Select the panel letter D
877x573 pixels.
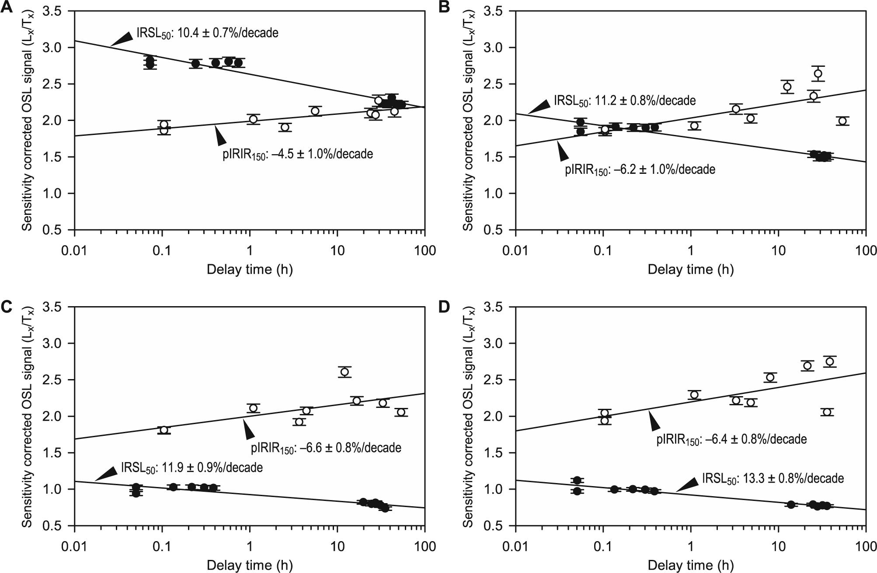pyautogui.click(x=444, y=307)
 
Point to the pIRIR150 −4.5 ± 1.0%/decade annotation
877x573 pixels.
pyautogui.click(x=298, y=155)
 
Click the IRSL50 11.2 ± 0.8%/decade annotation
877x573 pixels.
pyautogui.click(x=625, y=101)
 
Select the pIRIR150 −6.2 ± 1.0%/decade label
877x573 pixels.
pyautogui.click(x=640, y=169)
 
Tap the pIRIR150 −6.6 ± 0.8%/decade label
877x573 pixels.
pyautogui.click(x=326, y=448)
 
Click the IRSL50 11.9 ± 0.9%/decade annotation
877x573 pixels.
pyautogui.click(x=191, y=468)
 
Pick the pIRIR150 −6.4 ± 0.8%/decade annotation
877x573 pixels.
pyautogui.click(x=731, y=439)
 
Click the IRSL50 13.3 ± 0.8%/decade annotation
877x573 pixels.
pyautogui.click(x=773, y=478)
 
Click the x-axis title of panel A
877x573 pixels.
pyautogui.click(x=250, y=269)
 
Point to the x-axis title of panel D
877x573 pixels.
pyautogui.click(x=690, y=566)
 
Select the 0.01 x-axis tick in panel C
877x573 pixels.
pyautogui.click(x=75, y=546)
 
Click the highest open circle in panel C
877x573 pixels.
pyautogui.click(x=345, y=372)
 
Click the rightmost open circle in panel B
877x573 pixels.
pyautogui.click(x=842, y=121)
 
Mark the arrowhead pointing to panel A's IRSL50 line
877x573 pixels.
pyautogui.click(x=122, y=39)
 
